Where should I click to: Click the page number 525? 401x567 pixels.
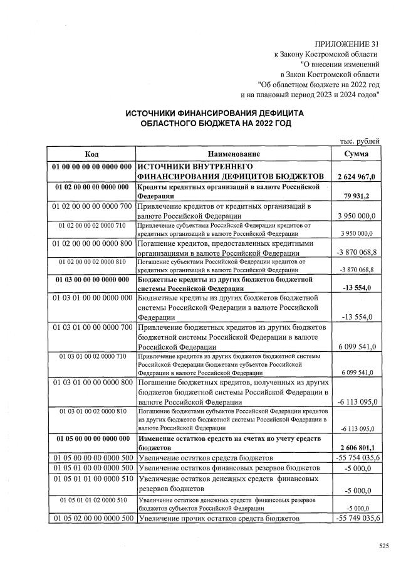point(384,546)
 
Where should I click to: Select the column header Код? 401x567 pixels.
point(91,154)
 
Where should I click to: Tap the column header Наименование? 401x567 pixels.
point(234,154)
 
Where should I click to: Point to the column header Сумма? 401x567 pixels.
point(356,154)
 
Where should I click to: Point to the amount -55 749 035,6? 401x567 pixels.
point(356,519)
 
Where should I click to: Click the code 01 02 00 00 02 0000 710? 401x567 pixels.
point(92,225)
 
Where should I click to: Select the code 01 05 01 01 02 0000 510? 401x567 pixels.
point(92,500)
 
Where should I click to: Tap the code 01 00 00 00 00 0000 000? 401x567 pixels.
point(91,167)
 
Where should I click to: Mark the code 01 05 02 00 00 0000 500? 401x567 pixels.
point(91,519)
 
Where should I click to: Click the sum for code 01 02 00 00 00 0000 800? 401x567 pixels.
point(356,252)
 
